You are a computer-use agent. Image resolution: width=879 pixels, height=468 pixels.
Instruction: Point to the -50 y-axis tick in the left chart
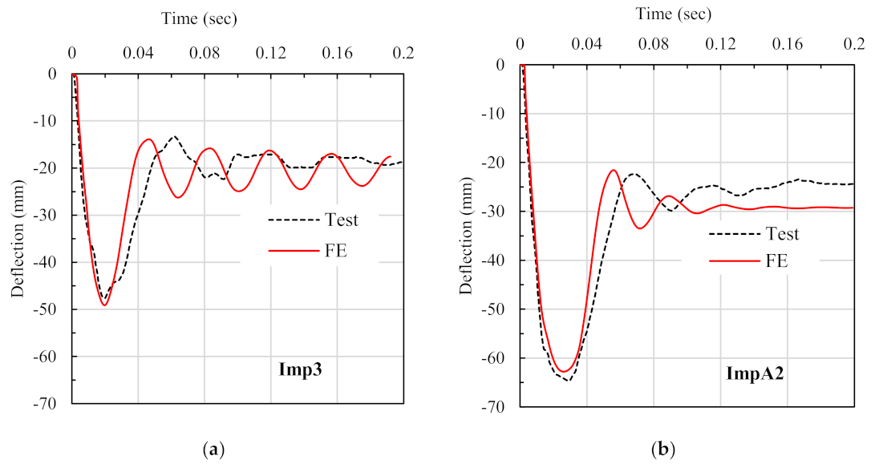(x=51, y=309)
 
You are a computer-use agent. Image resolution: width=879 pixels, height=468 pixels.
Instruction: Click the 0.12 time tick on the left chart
(x=271, y=53)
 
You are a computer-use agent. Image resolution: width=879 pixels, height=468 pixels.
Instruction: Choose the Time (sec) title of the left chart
(x=199, y=18)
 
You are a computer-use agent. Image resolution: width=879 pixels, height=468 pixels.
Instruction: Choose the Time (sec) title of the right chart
(x=674, y=14)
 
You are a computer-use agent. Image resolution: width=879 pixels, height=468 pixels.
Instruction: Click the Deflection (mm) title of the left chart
(x=17, y=238)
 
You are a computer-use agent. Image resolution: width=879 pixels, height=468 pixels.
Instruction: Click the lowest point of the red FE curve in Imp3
(x=104, y=305)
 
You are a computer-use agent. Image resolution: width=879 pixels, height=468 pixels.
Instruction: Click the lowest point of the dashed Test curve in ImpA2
(x=568, y=380)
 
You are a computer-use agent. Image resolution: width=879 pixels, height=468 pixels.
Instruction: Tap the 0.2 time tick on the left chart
(x=403, y=53)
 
